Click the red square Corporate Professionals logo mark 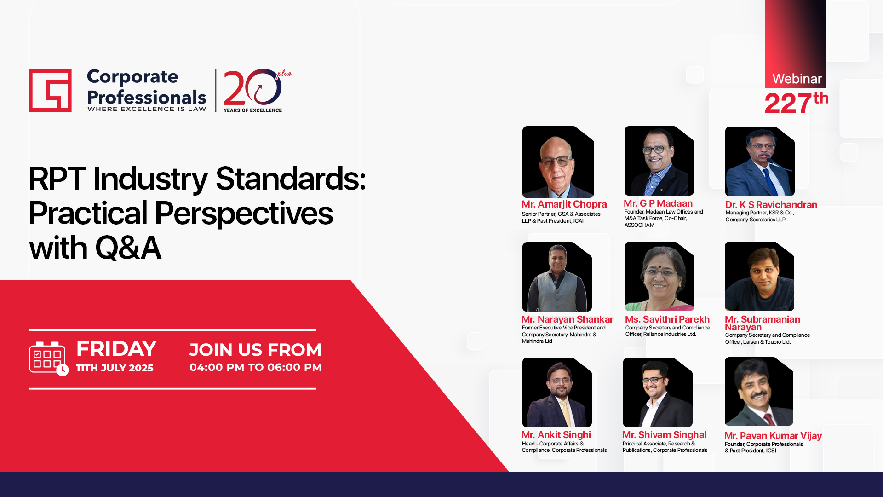50,90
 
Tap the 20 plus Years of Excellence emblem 257,91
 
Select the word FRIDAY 116,349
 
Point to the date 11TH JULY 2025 115,368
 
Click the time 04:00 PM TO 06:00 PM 256,367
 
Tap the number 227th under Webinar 796,103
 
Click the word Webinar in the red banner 797,79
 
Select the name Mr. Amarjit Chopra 564,204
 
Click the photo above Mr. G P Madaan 659,161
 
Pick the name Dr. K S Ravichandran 771,205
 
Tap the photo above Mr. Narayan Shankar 557,277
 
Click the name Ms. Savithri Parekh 667,319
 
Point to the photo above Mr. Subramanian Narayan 759,276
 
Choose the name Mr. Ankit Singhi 556,435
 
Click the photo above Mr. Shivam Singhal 658,392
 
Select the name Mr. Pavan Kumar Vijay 773,436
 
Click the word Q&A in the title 128,248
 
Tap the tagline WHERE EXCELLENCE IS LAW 147,109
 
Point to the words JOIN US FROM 255,350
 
